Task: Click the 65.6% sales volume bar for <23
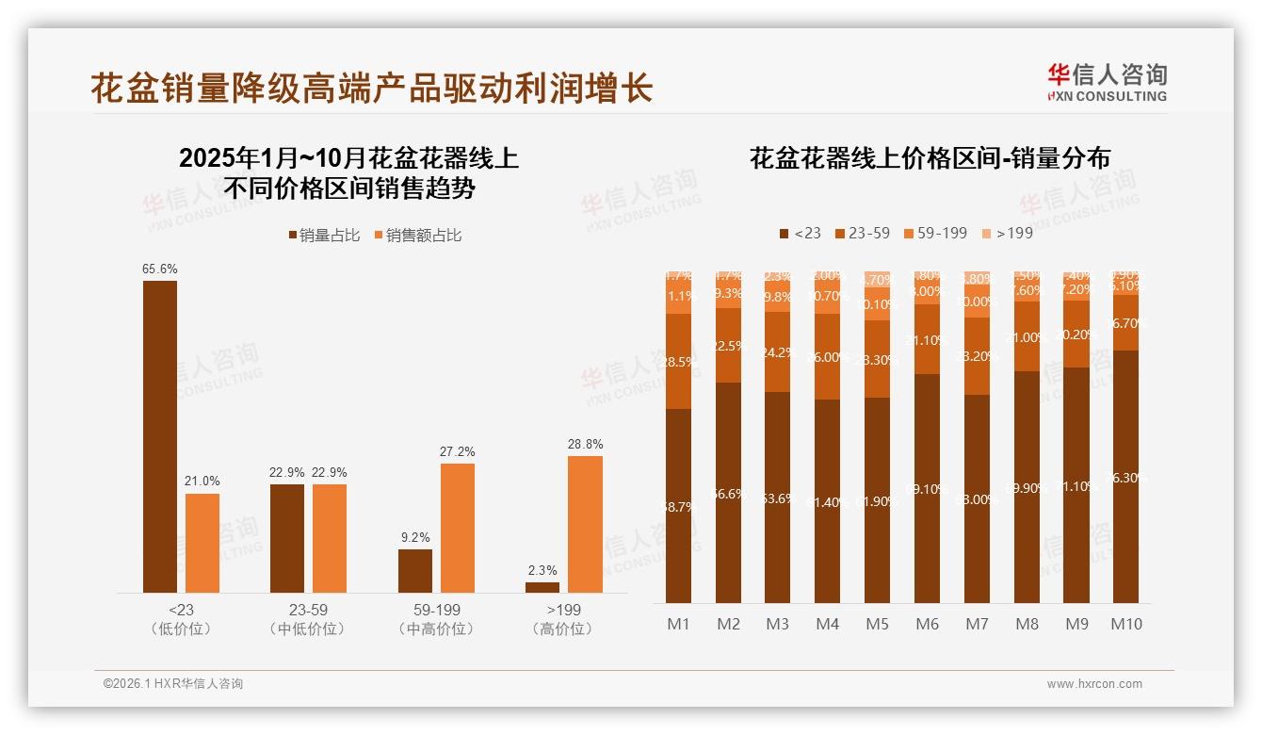point(160,436)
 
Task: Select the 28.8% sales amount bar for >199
point(585,524)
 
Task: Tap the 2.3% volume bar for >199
point(542,587)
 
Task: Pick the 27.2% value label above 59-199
point(458,451)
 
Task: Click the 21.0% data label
point(202,482)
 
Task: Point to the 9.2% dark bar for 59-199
point(415,570)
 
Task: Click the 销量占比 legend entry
point(324,235)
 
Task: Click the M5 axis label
point(877,624)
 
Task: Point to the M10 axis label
point(1125,624)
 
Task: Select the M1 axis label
point(678,624)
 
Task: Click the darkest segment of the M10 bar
point(1125,476)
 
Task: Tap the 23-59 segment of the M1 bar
point(678,361)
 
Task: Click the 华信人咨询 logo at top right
point(1107,82)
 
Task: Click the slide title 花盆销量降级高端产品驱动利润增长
point(372,89)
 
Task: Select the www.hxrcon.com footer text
point(1094,684)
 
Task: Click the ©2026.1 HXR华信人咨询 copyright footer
point(173,684)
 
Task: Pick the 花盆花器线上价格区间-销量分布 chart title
point(930,158)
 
